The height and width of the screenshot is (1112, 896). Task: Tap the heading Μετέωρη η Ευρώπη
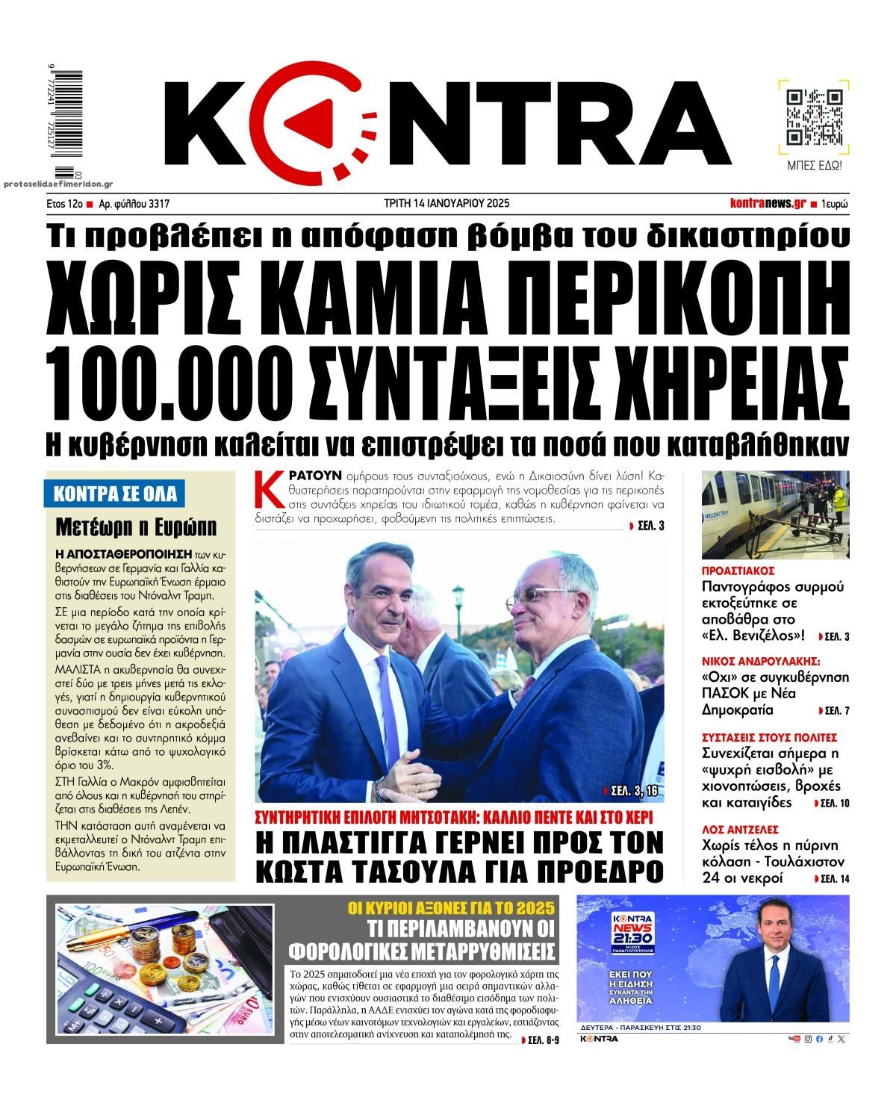(x=136, y=527)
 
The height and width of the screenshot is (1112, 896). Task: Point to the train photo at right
(x=776, y=515)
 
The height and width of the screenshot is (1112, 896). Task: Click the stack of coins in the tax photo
(x=181, y=944)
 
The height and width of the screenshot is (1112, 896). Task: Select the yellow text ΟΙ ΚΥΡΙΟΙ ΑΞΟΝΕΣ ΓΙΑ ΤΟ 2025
(x=452, y=908)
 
